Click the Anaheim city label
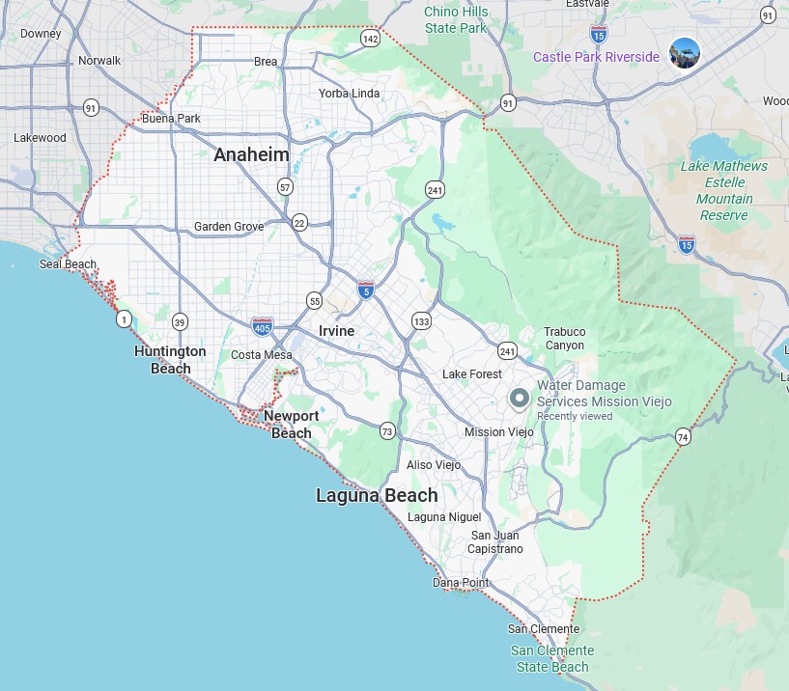pyautogui.click(x=251, y=154)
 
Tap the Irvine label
pyautogui.click(x=337, y=331)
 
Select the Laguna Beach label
pyautogui.click(x=377, y=495)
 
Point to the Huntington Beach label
pyautogui.click(x=170, y=359)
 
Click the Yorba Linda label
pyautogui.click(x=350, y=94)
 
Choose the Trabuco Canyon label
pyautogui.click(x=564, y=338)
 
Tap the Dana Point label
pyautogui.click(x=461, y=583)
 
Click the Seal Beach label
pyautogui.click(x=68, y=264)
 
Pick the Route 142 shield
pyautogui.click(x=371, y=39)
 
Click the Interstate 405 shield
pyautogui.click(x=262, y=327)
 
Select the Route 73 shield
pyautogui.click(x=387, y=430)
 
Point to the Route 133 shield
pyautogui.click(x=421, y=320)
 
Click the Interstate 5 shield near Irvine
pyautogui.click(x=365, y=290)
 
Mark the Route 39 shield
pyautogui.click(x=180, y=321)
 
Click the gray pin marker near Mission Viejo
pyautogui.click(x=520, y=398)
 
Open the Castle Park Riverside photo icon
pyautogui.click(x=685, y=53)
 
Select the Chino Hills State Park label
pyautogui.click(x=456, y=19)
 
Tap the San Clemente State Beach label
pyautogui.click(x=552, y=658)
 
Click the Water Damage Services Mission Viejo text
pyautogui.click(x=604, y=393)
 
